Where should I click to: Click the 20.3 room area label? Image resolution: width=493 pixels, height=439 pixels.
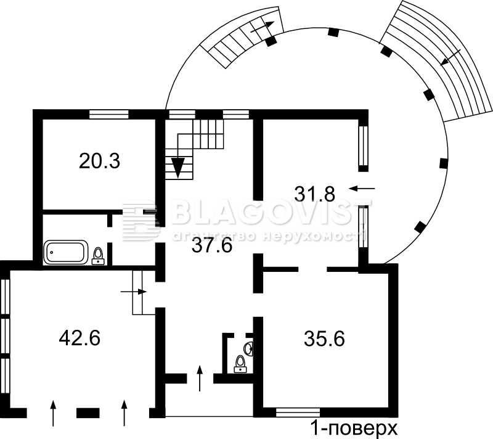click(x=99, y=161)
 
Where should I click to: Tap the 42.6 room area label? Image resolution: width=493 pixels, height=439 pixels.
click(x=79, y=338)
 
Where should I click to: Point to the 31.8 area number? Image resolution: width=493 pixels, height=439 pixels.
click(x=314, y=194)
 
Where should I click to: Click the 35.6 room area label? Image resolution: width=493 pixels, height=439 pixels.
click(x=325, y=338)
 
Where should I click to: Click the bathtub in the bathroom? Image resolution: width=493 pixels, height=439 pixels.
click(x=66, y=252)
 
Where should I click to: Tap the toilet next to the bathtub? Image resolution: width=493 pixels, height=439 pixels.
click(x=98, y=256)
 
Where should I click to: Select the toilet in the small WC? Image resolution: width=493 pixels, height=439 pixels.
click(x=240, y=364)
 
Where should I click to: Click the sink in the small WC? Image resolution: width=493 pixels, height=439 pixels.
click(x=249, y=349)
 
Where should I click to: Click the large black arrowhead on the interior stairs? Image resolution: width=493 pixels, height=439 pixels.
click(x=178, y=168)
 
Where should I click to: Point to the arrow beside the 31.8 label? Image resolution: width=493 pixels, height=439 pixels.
click(x=362, y=189)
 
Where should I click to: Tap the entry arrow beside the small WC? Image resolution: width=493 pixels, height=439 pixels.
click(x=200, y=379)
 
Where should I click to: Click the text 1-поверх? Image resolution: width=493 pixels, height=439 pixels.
click(x=354, y=429)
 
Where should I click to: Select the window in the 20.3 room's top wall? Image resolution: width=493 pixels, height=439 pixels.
click(x=109, y=114)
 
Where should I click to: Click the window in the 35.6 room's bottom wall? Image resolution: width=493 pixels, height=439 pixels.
click(x=298, y=412)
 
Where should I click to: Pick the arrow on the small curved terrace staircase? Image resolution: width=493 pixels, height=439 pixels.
click(x=263, y=27)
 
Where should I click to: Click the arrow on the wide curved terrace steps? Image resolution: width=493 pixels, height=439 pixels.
click(x=450, y=57)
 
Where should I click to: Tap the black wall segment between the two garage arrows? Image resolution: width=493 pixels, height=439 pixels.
click(x=88, y=413)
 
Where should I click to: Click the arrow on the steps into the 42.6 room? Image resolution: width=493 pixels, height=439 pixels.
click(x=134, y=292)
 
